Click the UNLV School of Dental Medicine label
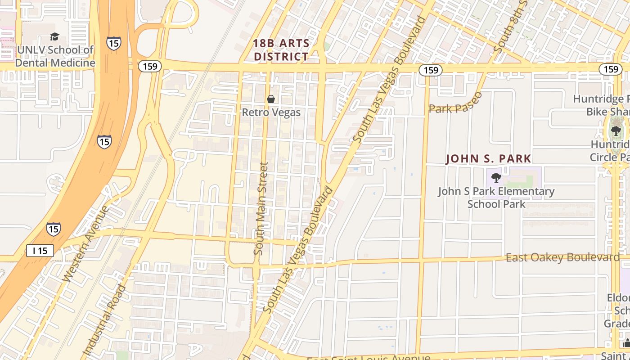(x=55, y=56)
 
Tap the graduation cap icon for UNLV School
(x=54, y=37)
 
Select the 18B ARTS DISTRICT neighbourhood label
(x=281, y=50)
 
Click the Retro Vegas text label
(x=271, y=112)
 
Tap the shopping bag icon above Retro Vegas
(x=271, y=99)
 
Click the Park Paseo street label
(x=455, y=104)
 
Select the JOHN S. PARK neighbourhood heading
(x=488, y=159)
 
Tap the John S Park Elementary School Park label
(x=496, y=198)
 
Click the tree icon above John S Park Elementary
(x=496, y=177)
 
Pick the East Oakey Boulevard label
(x=562, y=257)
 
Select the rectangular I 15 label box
(x=40, y=251)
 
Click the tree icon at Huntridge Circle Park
(x=616, y=131)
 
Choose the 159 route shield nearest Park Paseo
(x=431, y=70)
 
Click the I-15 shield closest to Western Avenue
(x=53, y=229)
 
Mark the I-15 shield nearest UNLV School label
(x=113, y=43)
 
